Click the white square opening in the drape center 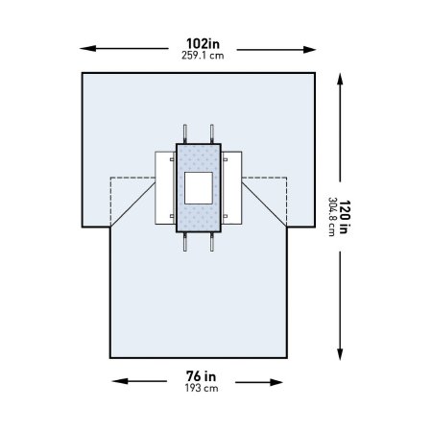[x=200, y=187]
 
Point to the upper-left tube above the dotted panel [x=184, y=132]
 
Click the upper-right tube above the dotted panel [x=212, y=132]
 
